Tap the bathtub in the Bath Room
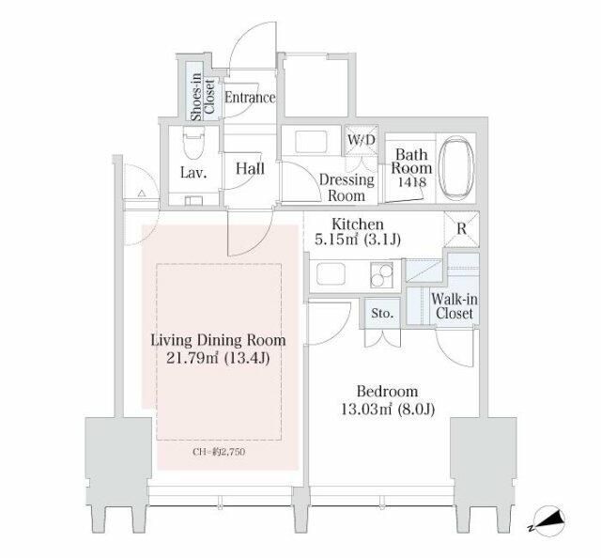[456, 169]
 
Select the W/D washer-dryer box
[361, 140]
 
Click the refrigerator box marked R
[461, 229]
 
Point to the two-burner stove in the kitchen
[381, 274]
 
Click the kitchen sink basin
[331, 273]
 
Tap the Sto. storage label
[382, 314]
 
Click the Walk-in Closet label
[455, 306]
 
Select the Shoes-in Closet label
[203, 97]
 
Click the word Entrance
[250, 98]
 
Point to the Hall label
[251, 169]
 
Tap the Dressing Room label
[347, 188]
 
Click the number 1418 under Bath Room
[412, 182]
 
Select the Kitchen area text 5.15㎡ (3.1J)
[358, 240]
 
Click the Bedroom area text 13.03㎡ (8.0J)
[388, 410]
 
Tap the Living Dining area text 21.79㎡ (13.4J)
[218, 358]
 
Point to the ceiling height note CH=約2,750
[219, 452]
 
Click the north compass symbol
[548, 521]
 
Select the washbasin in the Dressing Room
[311, 142]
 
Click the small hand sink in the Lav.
[193, 200]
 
